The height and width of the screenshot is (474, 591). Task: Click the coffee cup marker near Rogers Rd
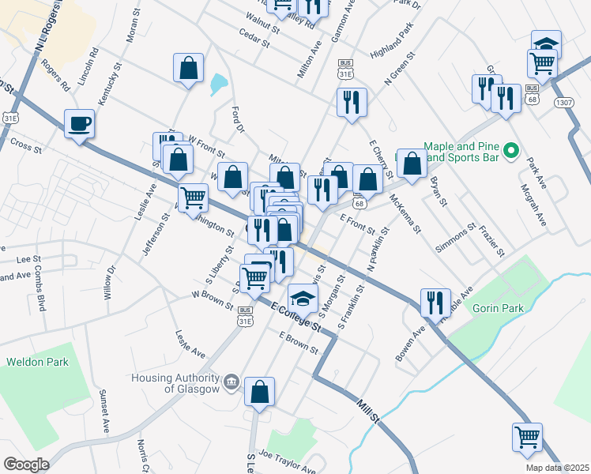click(x=78, y=123)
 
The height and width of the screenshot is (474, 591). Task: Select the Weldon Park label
click(x=37, y=362)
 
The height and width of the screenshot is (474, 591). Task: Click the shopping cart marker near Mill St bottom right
click(x=527, y=436)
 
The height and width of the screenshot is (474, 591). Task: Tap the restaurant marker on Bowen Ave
click(x=435, y=302)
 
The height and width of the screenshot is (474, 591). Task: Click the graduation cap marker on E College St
click(x=302, y=298)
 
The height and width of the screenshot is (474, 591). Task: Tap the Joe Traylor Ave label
click(x=287, y=457)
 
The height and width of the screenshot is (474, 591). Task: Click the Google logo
click(x=26, y=465)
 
